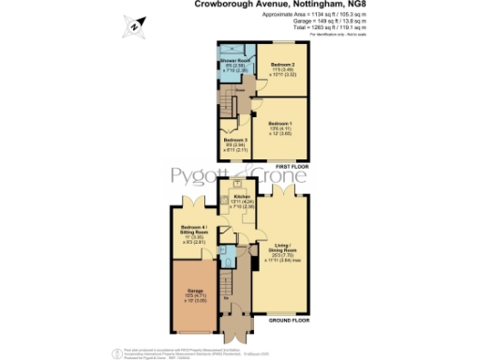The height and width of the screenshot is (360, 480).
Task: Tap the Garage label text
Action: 194,292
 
